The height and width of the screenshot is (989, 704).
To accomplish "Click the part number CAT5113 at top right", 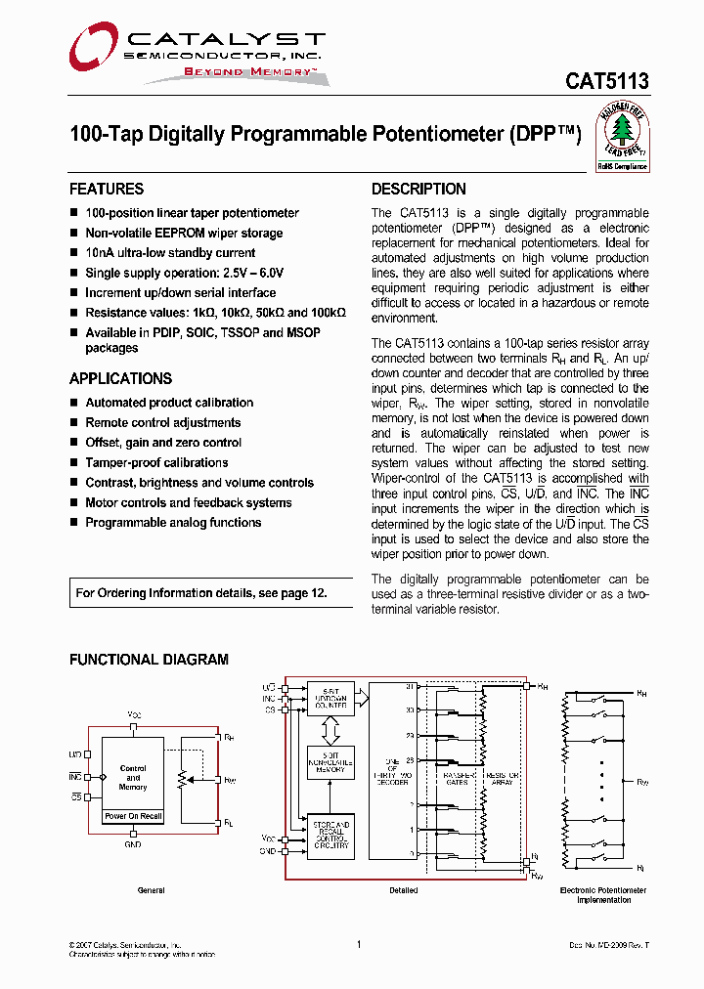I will tap(606, 83).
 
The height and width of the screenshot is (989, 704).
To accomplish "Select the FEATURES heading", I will tap(107, 190).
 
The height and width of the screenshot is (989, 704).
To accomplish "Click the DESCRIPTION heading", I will tap(418, 190).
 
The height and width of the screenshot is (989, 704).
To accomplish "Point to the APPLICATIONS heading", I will tap(120, 379).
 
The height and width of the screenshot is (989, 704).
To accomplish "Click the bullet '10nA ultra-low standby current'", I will tap(170, 253).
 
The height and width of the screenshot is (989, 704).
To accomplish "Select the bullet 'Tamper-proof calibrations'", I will tap(156, 463).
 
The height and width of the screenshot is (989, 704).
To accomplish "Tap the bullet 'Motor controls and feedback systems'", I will tap(188, 503).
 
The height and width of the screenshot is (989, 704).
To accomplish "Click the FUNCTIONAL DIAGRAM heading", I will tap(149, 661).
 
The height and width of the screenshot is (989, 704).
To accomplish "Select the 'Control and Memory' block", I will tap(133, 778).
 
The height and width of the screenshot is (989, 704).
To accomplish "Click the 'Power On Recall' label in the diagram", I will tap(133, 816).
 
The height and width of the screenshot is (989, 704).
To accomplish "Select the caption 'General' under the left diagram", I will tap(151, 890).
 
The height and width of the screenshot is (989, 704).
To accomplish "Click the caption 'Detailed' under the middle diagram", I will tap(403, 890).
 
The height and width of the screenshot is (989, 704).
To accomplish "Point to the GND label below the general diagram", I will tap(133, 844).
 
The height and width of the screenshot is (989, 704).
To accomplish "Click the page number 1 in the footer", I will tap(359, 944).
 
